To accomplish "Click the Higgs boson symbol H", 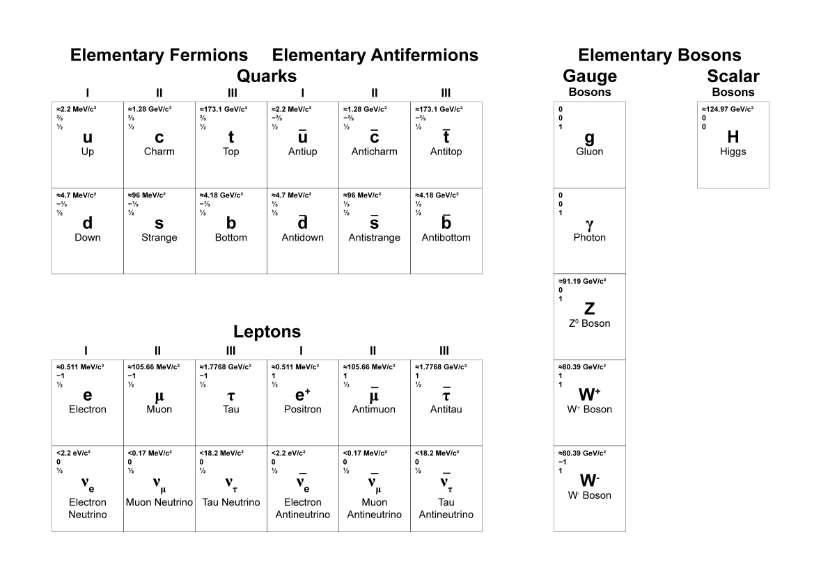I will click(x=733, y=137).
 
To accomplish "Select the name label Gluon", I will click(x=589, y=152).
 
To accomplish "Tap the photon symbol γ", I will click(x=589, y=224).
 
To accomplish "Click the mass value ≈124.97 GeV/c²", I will click(x=727, y=109).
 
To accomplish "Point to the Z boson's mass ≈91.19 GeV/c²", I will click(x=582, y=282).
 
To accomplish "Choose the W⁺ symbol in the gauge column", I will click(x=589, y=395).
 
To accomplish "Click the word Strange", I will click(x=159, y=238).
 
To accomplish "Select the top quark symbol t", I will click(x=231, y=137).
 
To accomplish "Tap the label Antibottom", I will click(x=446, y=238).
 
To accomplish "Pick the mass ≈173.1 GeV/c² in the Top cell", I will click(x=223, y=109).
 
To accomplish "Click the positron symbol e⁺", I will click(x=303, y=395).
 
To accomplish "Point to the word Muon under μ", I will click(x=159, y=410).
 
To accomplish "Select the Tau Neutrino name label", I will click(x=231, y=502).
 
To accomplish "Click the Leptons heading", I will click(x=267, y=332).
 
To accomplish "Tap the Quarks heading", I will click(x=267, y=75).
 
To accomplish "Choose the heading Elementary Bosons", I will click(x=659, y=56).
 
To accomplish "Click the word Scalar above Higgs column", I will click(x=733, y=76).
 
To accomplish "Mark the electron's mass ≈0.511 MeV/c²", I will click(x=80, y=367).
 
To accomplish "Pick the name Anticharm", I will click(x=374, y=152).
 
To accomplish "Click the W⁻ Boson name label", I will click(x=589, y=495).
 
